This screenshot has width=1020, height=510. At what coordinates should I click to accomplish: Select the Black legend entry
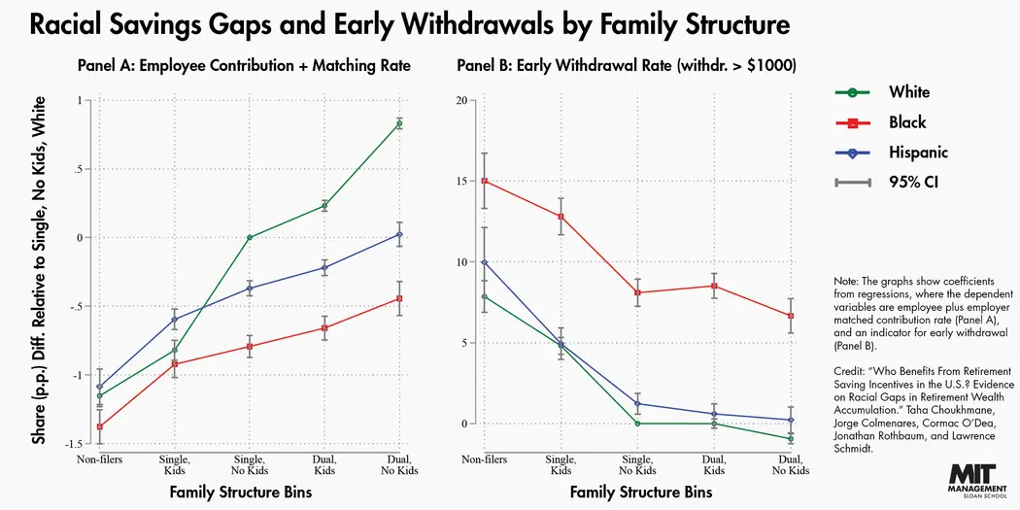click(x=880, y=122)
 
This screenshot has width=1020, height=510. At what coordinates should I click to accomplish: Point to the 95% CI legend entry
click(x=885, y=182)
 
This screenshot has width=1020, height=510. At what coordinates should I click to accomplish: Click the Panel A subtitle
click(x=244, y=66)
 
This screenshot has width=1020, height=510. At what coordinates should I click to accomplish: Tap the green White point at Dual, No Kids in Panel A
click(x=399, y=123)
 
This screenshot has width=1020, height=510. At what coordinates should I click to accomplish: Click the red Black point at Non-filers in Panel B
click(x=484, y=181)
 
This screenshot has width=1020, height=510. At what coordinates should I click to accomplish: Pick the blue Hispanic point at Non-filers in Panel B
click(x=484, y=262)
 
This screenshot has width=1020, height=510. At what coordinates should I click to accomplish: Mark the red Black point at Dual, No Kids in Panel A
click(x=399, y=298)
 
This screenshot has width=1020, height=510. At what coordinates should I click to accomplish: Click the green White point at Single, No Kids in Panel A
click(x=250, y=237)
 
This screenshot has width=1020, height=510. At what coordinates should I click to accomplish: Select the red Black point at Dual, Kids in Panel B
click(x=714, y=286)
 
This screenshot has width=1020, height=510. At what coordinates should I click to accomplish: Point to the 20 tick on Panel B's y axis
click(x=461, y=100)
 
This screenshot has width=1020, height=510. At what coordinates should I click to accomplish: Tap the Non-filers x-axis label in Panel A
click(x=99, y=458)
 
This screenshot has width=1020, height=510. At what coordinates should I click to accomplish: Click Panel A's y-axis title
click(x=39, y=270)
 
